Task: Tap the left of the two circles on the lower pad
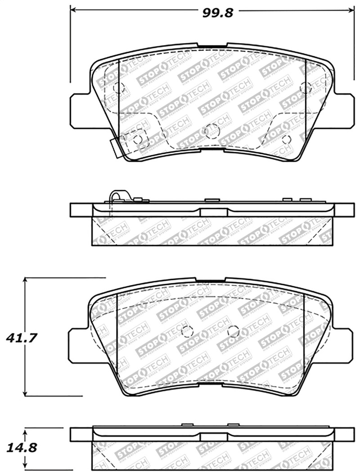pyautogui.click(x=187, y=331)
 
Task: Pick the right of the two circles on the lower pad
pyautogui.click(x=233, y=331)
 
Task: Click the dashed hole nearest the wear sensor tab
pyautogui.click(x=138, y=139)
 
